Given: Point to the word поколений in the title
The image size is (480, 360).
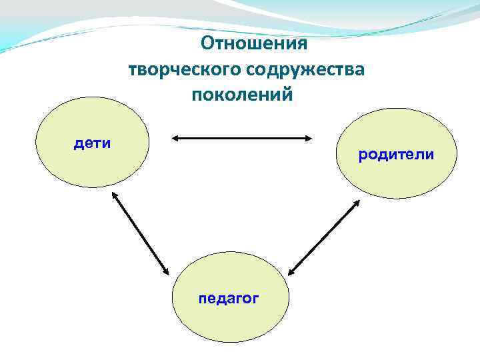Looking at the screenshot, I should (242, 94).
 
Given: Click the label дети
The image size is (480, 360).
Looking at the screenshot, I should (92, 143).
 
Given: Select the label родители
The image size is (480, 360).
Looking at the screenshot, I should (396, 155).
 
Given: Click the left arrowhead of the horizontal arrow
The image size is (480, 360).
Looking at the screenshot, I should (175, 139).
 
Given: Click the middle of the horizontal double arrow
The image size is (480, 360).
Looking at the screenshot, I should (242, 139).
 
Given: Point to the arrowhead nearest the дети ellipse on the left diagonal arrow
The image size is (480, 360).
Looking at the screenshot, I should (113, 196).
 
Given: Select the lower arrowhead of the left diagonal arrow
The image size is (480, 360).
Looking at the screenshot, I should (167, 272).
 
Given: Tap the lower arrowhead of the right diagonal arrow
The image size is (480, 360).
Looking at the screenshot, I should (292, 272).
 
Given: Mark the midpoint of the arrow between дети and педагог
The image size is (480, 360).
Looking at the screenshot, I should (140, 233).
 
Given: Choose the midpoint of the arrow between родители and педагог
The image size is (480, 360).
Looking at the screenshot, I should (325, 237).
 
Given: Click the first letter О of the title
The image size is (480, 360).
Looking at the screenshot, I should (207, 44).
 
